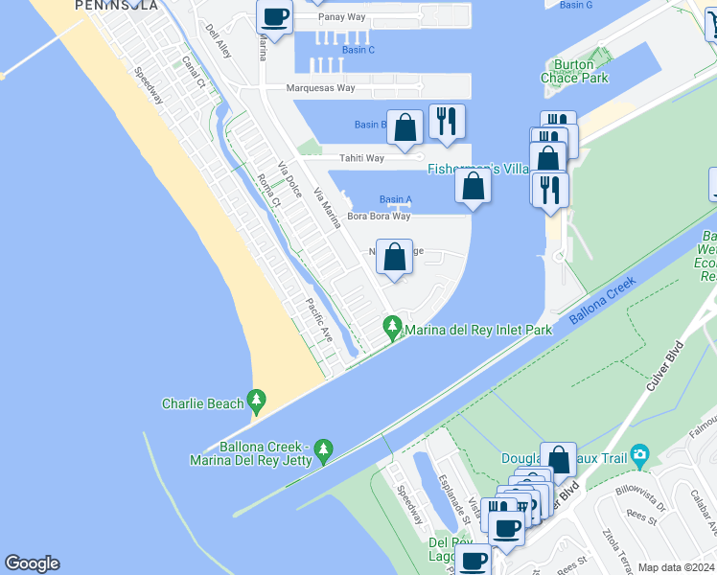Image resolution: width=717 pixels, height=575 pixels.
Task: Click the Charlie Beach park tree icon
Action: [x=255, y=400]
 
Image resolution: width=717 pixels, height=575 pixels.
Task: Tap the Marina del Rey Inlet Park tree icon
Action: [x=391, y=328]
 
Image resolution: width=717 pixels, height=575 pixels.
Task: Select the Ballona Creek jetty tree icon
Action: [x=323, y=448]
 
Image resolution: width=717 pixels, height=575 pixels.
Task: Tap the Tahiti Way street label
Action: [x=359, y=158]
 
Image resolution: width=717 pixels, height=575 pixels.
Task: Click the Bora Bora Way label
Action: [x=379, y=217]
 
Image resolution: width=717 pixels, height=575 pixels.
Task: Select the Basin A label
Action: [x=395, y=199]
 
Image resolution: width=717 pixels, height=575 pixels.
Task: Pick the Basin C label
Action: [x=358, y=50]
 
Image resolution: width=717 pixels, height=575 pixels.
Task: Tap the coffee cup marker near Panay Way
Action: [x=275, y=17]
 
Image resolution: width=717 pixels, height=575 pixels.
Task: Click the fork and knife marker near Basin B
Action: [x=447, y=121]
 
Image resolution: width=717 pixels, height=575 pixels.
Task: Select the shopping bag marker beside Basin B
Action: [x=405, y=127]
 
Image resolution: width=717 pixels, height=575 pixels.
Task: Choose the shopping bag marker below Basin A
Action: [x=394, y=257]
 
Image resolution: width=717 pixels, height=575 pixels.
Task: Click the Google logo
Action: [x=32, y=563]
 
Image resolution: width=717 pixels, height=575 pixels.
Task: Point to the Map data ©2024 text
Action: [x=677, y=567]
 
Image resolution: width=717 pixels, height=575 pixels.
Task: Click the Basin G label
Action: [x=576, y=5]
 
